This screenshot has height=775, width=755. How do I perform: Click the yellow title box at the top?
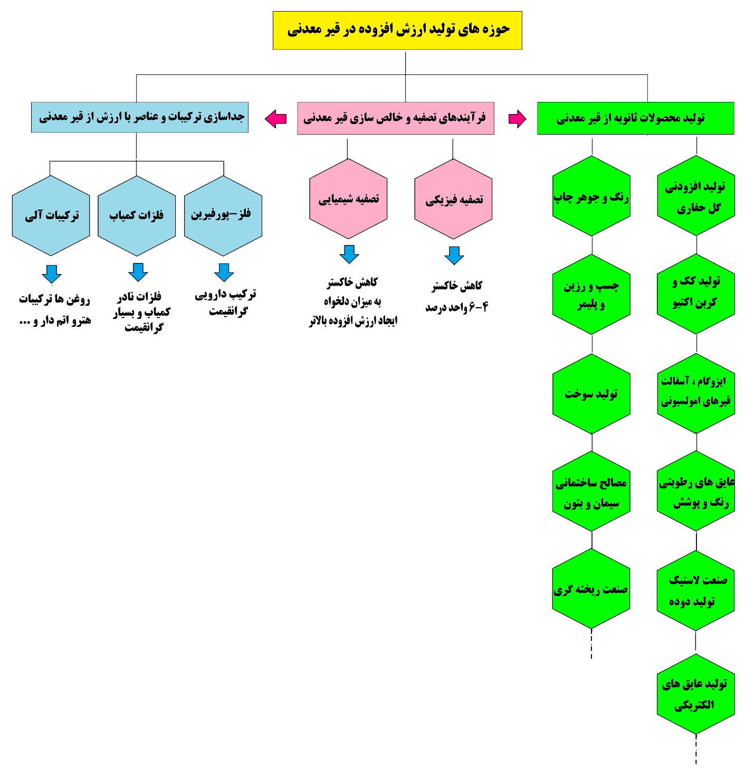[397, 31]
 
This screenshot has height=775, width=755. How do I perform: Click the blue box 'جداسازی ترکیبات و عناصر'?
[140, 117]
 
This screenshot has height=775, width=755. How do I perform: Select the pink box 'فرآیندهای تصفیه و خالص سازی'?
[396, 118]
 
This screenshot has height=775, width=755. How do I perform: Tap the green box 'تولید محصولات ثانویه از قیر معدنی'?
[635, 118]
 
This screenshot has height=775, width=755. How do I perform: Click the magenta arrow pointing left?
[275, 119]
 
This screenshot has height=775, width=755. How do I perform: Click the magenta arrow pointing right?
[517, 119]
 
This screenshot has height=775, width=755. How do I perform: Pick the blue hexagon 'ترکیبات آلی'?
[51, 215]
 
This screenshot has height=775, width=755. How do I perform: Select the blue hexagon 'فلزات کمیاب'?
[137, 215]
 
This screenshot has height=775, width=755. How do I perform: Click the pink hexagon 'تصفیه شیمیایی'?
[348, 199]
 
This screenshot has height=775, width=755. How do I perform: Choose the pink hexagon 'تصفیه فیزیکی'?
[453, 199]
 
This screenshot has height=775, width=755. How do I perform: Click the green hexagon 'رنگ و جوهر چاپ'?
[591, 196]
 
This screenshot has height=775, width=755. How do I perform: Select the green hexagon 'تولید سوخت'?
[591, 394]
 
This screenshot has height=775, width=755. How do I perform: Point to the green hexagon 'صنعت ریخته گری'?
[591, 589]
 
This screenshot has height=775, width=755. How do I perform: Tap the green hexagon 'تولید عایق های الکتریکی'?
[695, 694]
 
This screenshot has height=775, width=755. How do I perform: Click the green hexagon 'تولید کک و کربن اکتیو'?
[695, 294]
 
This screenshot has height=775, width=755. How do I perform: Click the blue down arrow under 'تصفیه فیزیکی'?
[454, 255]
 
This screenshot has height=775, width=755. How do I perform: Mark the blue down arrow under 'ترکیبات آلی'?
[51, 273]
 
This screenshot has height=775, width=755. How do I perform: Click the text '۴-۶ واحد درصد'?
[457, 307]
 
